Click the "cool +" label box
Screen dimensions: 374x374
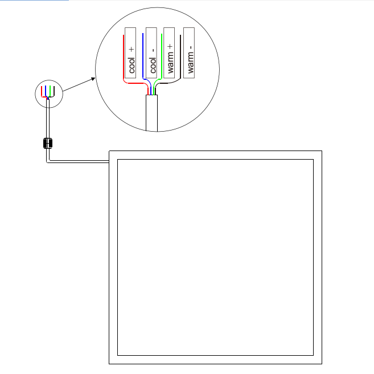[130, 53]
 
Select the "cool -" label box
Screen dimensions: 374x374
[151, 53]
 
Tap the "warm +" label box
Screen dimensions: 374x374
[169, 53]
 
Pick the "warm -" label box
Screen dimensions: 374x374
[189, 53]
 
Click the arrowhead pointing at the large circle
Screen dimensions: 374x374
[93, 79]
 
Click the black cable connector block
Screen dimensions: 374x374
[48, 143]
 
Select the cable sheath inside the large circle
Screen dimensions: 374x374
[151, 113]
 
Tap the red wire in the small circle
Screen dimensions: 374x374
[42, 92]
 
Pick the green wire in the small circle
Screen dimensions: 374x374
[50, 91]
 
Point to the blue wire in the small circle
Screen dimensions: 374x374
[46, 91]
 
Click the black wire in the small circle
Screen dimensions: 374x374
[54, 92]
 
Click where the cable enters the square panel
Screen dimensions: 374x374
[109, 162]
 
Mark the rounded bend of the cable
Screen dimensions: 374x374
[48, 161]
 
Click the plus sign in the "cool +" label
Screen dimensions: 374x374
[131, 50]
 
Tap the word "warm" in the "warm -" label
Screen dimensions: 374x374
[190, 63]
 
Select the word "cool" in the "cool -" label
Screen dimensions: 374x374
[153, 65]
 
